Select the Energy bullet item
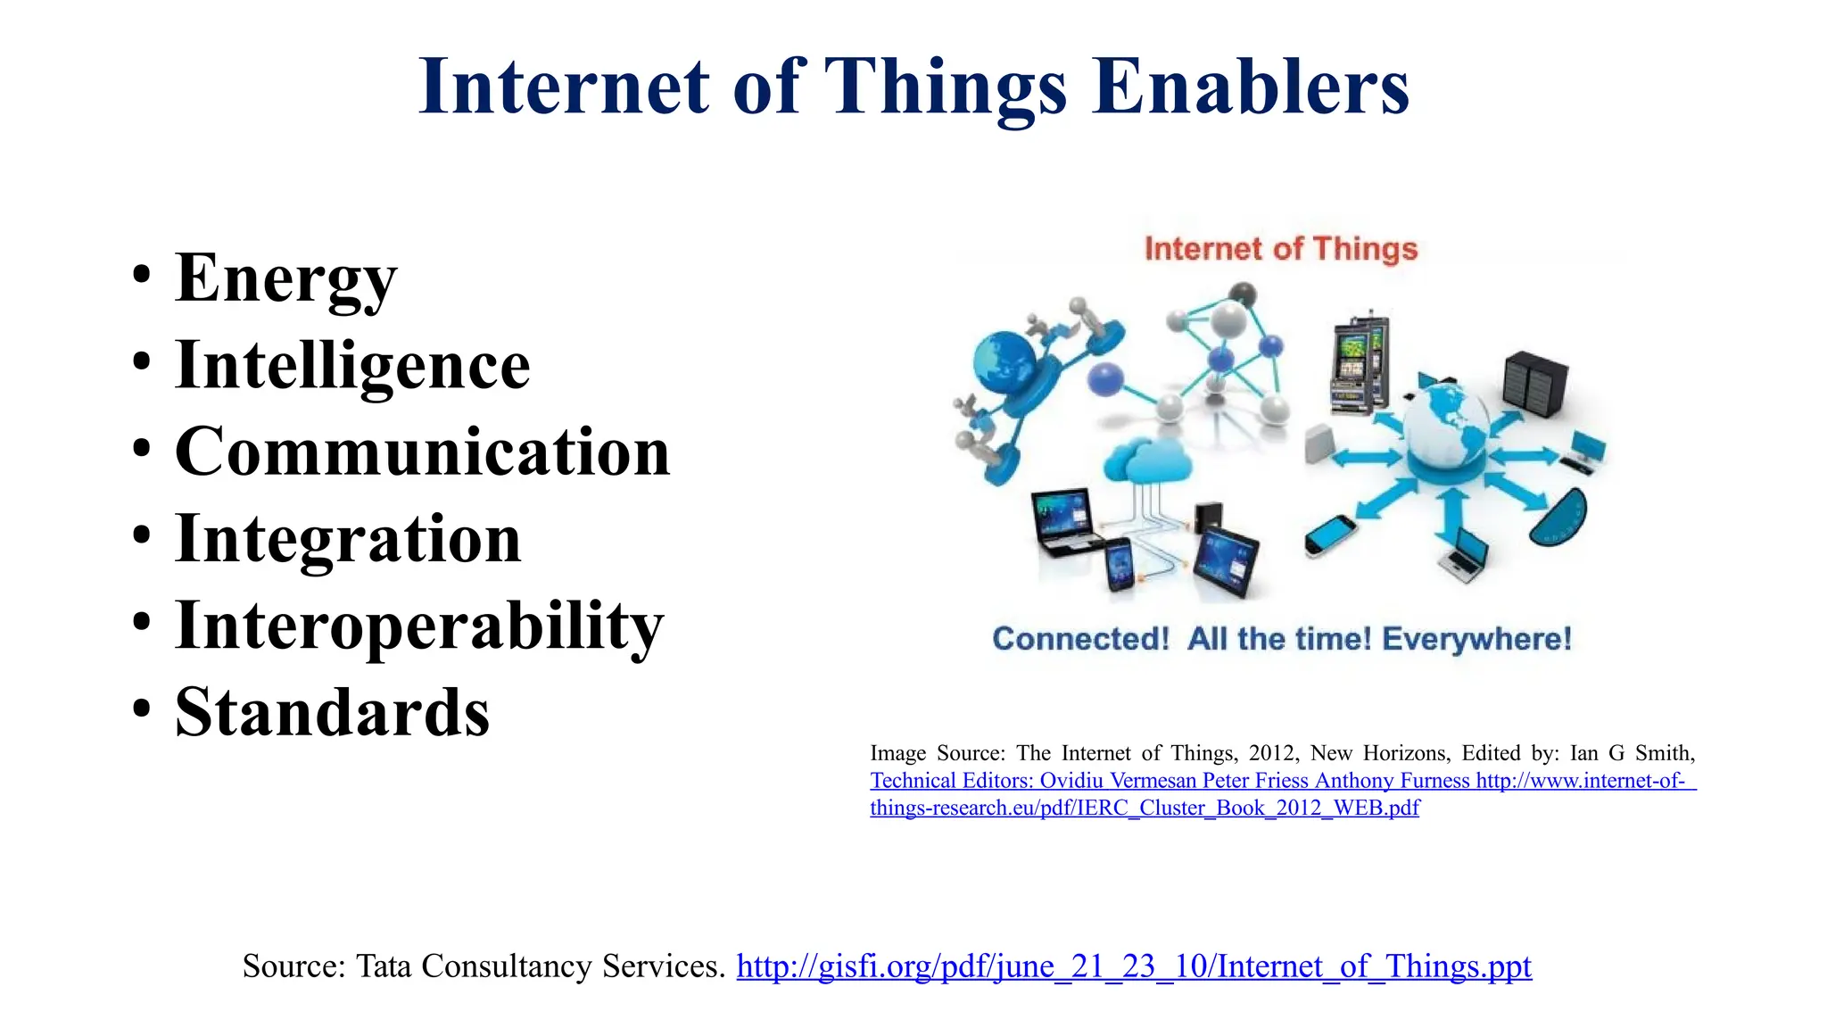(x=285, y=278)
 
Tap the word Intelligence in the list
(x=352, y=365)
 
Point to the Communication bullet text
(x=422, y=452)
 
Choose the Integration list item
(x=348, y=539)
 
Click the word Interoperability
(x=419, y=626)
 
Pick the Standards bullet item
(x=332, y=712)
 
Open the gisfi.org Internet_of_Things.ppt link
(x=1133, y=966)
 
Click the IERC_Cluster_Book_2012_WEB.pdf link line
(x=1145, y=808)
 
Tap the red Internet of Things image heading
(x=1280, y=249)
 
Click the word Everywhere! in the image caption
(x=1476, y=639)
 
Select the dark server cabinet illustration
(x=1534, y=384)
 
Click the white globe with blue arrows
(x=1445, y=428)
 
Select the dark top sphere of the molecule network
(x=1243, y=294)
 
